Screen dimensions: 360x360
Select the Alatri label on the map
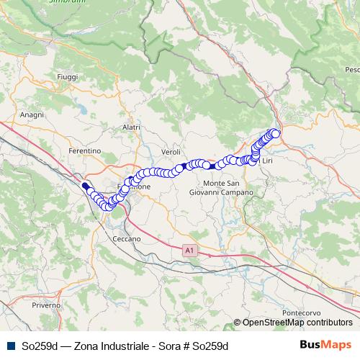pos(130,127)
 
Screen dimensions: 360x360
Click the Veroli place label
pos(171,152)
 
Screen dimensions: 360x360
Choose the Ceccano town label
pos(127,238)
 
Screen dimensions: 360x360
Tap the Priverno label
pos(46,306)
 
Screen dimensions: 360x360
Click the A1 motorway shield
pos(189,250)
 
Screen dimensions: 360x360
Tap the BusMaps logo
pos(325,345)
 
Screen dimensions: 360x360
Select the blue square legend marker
pos(9,346)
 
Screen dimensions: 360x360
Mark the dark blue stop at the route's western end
pos(85,185)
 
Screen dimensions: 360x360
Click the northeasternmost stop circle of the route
pos(274,132)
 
